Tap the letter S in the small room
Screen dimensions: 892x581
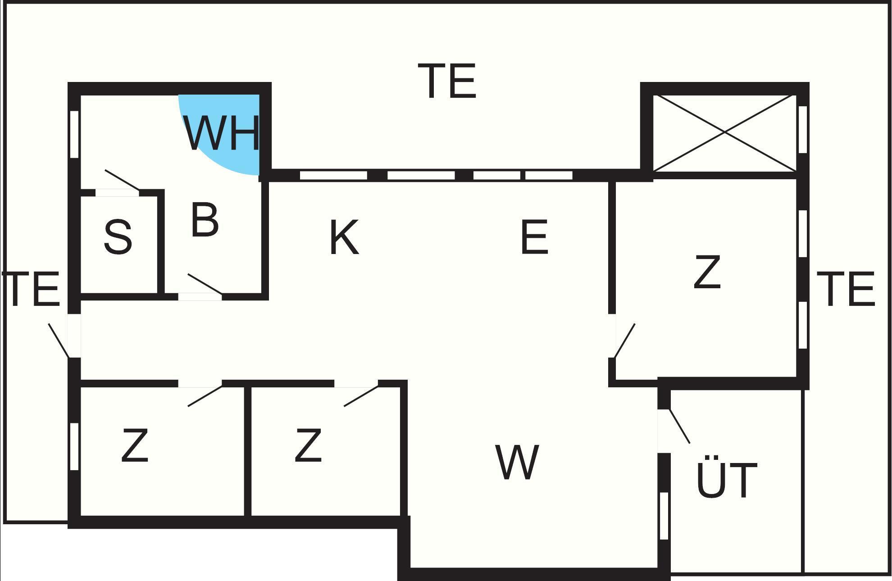click(x=118, y=237)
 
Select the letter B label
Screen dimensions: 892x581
click(x=205, y=220)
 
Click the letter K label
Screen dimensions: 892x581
click(x=344, y=237)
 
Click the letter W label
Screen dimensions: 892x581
click(x=517, y=462)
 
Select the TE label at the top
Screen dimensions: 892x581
click(x=447, y=81)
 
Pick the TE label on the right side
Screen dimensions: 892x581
click(x=846, y=289)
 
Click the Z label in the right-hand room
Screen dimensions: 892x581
click(x=707, y=272)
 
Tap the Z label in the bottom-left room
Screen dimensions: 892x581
click(x=135, y=445)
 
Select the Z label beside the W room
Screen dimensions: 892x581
click(x=308, y=445)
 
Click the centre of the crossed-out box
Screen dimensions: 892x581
click(x=724, y=132)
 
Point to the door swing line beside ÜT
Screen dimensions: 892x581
click(x=679, y=426)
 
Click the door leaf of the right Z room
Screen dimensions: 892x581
click(x=625, y=340)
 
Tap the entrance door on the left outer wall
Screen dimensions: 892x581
click(x=59, y=340)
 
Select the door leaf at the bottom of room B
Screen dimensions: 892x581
click(x=205, y=284)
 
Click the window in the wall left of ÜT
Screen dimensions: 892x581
click(x=664, y=516)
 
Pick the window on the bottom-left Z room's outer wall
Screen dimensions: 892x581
click(x=75, y=447)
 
